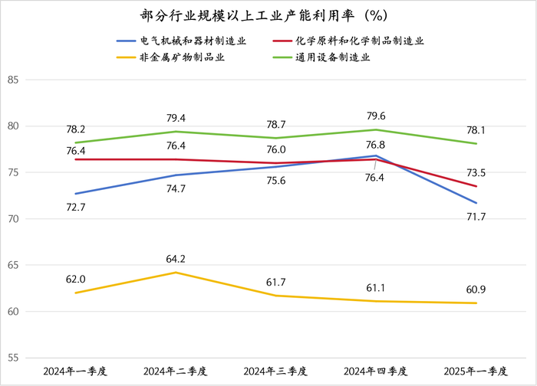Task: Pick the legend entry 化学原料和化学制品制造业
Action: [359, 41]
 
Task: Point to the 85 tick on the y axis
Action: [13, 80]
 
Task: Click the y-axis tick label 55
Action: [13, 358]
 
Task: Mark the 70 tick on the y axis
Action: [13, 219]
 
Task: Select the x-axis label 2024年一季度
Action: [76, 371]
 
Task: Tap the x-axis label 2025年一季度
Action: [476, 371]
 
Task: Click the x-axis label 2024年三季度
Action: [275, 371]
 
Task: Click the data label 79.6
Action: [376, 116]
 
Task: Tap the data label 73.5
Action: [476, 172]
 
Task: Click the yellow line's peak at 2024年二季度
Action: [176, 273]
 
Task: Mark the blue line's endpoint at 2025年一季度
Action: [476, 203]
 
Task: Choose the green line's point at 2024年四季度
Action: [376, 129]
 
